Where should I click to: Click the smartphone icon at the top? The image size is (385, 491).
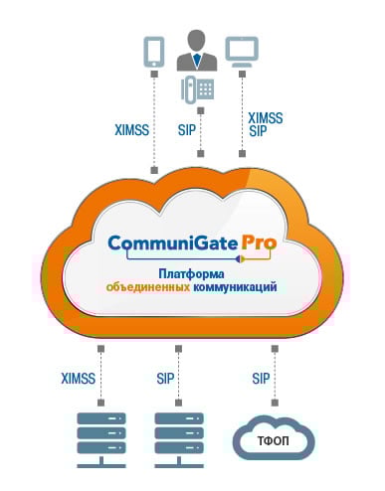point(153,51)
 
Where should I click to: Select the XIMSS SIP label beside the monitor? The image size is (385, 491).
point(265,124)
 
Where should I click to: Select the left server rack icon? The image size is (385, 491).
point(100,438)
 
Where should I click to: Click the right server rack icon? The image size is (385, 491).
point(178,438)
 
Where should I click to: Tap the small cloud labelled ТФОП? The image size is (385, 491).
point(274,437)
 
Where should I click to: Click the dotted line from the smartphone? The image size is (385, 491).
point(154,119)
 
